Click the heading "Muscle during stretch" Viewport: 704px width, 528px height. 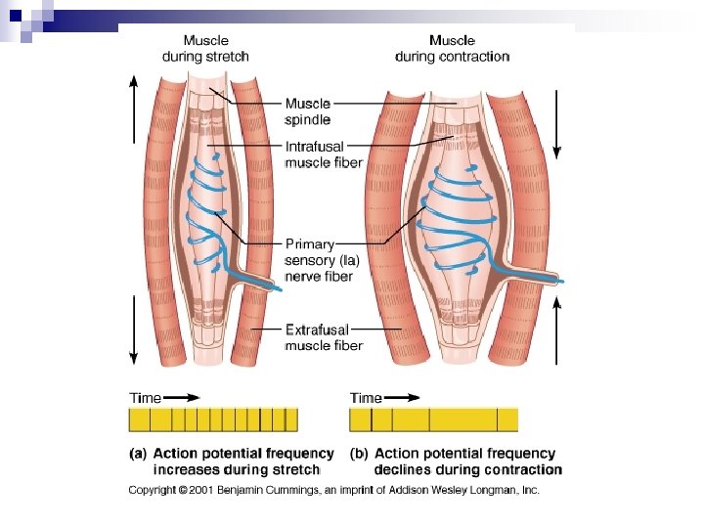click(x=205, y=49)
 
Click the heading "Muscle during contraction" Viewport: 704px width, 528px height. click(x=452, y=49)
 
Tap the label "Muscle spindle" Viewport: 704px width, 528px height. click(x=307, y=111)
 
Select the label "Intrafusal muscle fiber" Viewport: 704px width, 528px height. click(x=323, y=154)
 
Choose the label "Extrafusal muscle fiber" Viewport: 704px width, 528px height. click(x=323, y=337)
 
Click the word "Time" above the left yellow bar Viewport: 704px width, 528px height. click(x=146, y=398)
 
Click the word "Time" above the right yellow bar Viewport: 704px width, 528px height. click(x=366, y=398)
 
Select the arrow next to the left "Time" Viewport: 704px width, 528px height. click(x=182, y=398)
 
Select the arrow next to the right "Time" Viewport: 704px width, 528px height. click(x=402, y=398)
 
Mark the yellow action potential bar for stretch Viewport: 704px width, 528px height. click(x=213, y=420)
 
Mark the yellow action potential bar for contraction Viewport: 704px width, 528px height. click(x=433, y=420)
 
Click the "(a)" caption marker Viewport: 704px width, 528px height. click(x=139, y=454)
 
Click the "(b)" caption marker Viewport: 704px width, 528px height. click(x=359, y=454)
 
